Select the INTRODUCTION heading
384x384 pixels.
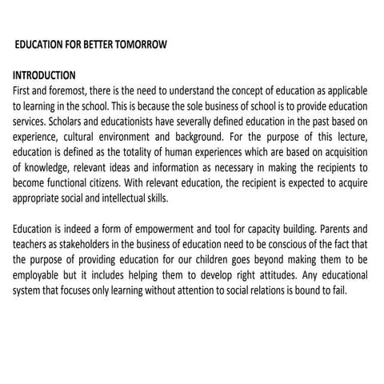pos(44,75)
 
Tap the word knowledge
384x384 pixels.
pos(47,166)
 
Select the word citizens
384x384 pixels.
pos(120,182)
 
